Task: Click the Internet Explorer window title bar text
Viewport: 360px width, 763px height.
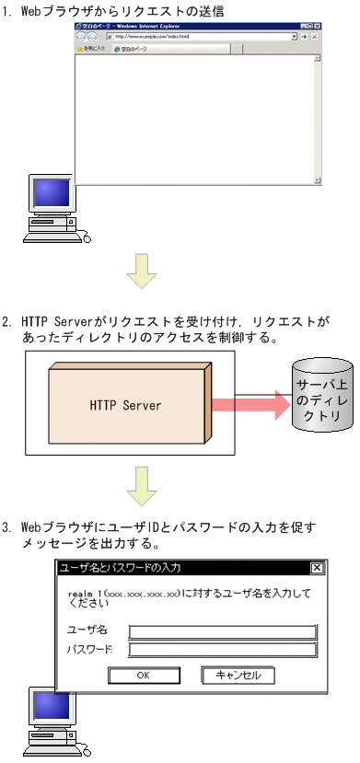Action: click(x=134, y=27)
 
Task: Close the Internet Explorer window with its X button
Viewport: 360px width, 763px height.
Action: click(x=316, y=27)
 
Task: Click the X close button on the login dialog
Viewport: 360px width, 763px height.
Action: click(x=316, y=568)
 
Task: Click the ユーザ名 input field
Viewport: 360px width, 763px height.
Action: click(x=222, y=630)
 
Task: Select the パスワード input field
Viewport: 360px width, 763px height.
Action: click(x=222, y=649)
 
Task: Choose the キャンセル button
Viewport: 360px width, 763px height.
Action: click(x=238, y=675)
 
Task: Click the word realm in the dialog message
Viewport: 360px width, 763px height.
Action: click(x=79, y=594)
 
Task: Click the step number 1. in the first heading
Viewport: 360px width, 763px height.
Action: click(x=7, y=10)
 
